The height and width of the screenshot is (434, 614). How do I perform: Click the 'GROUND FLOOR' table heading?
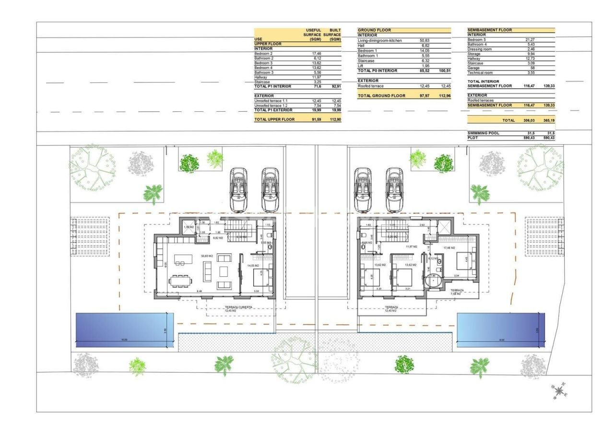coord(374,30)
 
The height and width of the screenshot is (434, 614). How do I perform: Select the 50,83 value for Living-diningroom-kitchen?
coord(424,41)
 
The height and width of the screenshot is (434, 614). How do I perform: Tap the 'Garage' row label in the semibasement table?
coord(473,68)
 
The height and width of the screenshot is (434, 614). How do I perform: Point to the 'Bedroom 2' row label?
coord(263,54)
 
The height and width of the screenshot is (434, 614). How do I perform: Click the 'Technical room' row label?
coord(480,73)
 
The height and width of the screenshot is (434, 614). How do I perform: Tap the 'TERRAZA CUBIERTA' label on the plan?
coord(238,308)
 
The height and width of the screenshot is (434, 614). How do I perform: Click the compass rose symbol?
coord(559,391)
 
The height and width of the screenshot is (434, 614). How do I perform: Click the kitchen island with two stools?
coord(180,259)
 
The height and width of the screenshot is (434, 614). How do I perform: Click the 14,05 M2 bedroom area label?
coord(253,265)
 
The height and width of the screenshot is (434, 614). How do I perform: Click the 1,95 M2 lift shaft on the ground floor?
coord(189,227)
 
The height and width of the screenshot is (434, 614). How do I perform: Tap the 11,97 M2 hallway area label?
coord(411,246)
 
